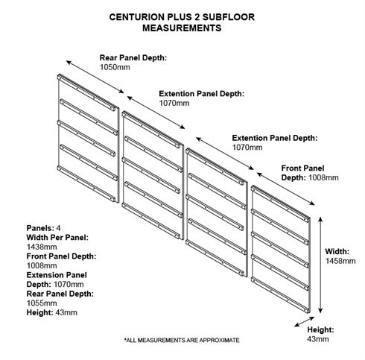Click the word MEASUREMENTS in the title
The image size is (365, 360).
[182, 28]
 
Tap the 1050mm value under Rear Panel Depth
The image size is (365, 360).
[115, 67]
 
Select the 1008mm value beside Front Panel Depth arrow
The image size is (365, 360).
[323, 177]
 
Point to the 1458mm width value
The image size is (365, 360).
[340, 261]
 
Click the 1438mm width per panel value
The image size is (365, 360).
[42, 247]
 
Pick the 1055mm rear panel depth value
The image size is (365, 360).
[42, 303]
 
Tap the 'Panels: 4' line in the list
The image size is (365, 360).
[43, 228]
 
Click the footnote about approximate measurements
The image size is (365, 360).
[182, 340]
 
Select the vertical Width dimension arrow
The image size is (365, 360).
[320, 265]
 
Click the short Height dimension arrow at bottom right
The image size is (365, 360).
[305, 321]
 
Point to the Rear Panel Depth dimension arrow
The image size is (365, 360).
[95, 77]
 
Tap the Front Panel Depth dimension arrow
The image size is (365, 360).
[285, 189]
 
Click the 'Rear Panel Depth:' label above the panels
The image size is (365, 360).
[133, 57]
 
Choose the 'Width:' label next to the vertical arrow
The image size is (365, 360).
[337, 251]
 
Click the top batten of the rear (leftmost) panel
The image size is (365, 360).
[87, 92]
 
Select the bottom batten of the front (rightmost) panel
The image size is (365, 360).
[280, 295]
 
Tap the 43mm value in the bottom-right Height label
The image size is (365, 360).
[318, 339]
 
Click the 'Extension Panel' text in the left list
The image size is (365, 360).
[57, 275]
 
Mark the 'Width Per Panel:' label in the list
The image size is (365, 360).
[57, 238]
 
